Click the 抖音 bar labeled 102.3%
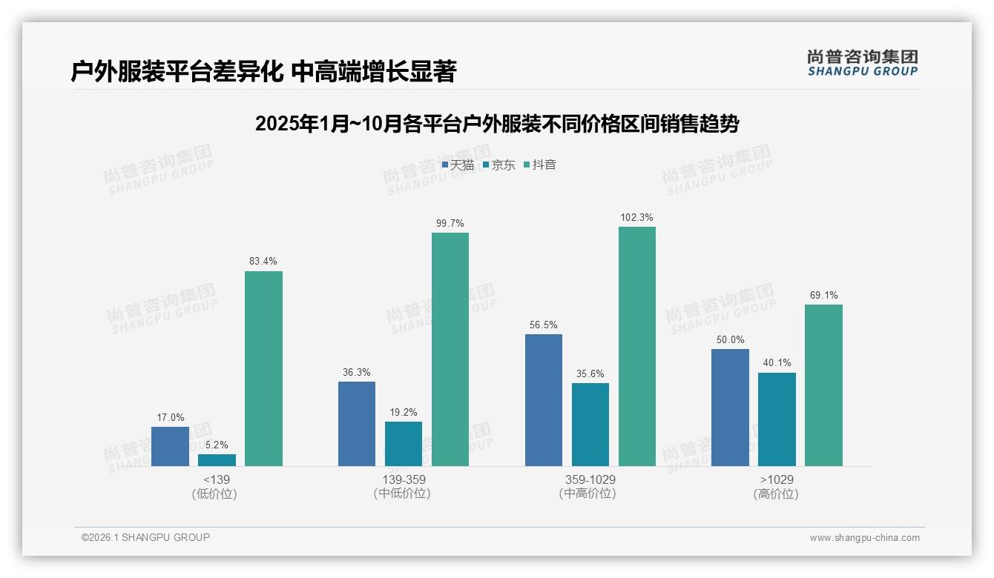637,346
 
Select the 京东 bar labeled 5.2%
217,460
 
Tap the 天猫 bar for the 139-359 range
357,424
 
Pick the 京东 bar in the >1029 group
777,419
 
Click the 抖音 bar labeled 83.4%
263,368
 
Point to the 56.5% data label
544,325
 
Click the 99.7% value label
450,223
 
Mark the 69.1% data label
824,295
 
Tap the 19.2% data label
404,412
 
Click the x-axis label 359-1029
590,479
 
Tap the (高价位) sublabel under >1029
777,494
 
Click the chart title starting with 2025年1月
496,124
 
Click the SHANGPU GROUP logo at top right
862,62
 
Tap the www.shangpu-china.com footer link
864,538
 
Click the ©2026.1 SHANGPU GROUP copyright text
145,537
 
